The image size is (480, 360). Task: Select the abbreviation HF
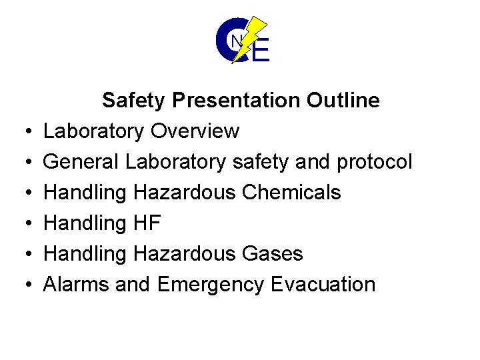click(x=147, y=223)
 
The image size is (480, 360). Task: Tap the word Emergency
click(x=211, y=285)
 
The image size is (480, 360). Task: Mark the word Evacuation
click(x=323, y=285)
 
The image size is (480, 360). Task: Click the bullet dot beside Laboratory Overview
click(x=24, y=132)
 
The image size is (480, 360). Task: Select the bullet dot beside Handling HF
click(x=24, y=224)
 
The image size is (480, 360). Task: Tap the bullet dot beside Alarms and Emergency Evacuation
click(x=24, y=285)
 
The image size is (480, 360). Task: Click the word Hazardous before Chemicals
click(x=185, y=193)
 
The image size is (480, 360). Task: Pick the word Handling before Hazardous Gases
click(x=85, y=254)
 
